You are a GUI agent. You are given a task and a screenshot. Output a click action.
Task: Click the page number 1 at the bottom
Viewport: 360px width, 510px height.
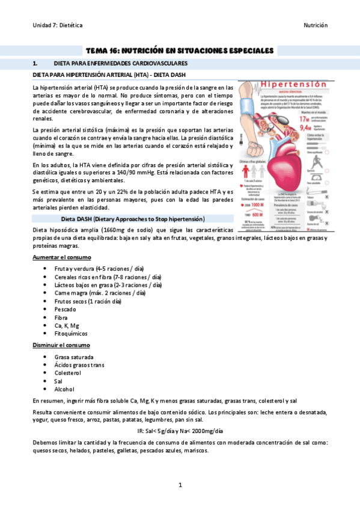[x=180, y=485]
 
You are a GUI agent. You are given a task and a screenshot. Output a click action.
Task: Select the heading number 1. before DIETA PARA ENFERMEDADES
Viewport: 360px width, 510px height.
[x=35, y=63]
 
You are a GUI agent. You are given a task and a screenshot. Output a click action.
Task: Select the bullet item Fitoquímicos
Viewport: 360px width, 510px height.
[x=70, y=333]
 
